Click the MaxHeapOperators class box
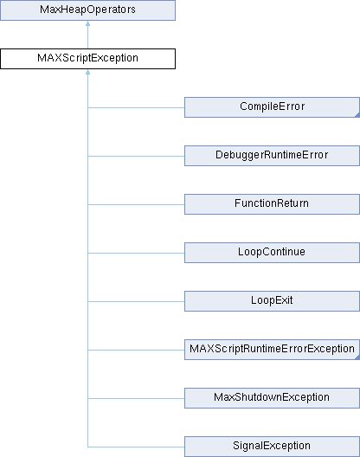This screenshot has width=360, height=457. (x=87, y=10)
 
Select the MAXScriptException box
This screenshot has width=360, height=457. (x=87, y=59)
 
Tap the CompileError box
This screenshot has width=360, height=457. (x=272, y=107)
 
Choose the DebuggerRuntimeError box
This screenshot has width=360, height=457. (x=272, y=156)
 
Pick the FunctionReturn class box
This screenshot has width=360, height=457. (x=272, y=204)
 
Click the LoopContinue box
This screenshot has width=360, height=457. (x=272, y=253)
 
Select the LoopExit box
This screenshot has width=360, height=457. (x=272, y=301)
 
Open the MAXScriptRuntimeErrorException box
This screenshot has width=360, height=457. (x=272, y=350)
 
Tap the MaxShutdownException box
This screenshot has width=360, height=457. (x=272, y=398)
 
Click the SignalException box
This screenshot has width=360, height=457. (x=272, y=447)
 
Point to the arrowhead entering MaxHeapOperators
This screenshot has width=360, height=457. (x=87, y=23)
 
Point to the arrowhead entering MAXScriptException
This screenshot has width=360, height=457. (x=87, y=72)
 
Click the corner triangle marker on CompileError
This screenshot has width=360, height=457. (x=357, y=115)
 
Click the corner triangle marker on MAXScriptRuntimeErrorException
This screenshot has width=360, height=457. (x=357, y=357)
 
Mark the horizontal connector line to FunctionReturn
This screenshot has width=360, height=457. (x=136, y=204)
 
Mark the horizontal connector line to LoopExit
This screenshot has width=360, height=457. (x=136, y=302)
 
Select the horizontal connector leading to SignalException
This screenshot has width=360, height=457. (x=136, y=447)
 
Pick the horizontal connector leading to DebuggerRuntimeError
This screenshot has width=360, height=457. (x=136, y=156)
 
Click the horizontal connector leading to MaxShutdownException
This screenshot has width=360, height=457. (x=136, y=398)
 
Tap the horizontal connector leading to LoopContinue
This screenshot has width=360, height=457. (x=136, y=253)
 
